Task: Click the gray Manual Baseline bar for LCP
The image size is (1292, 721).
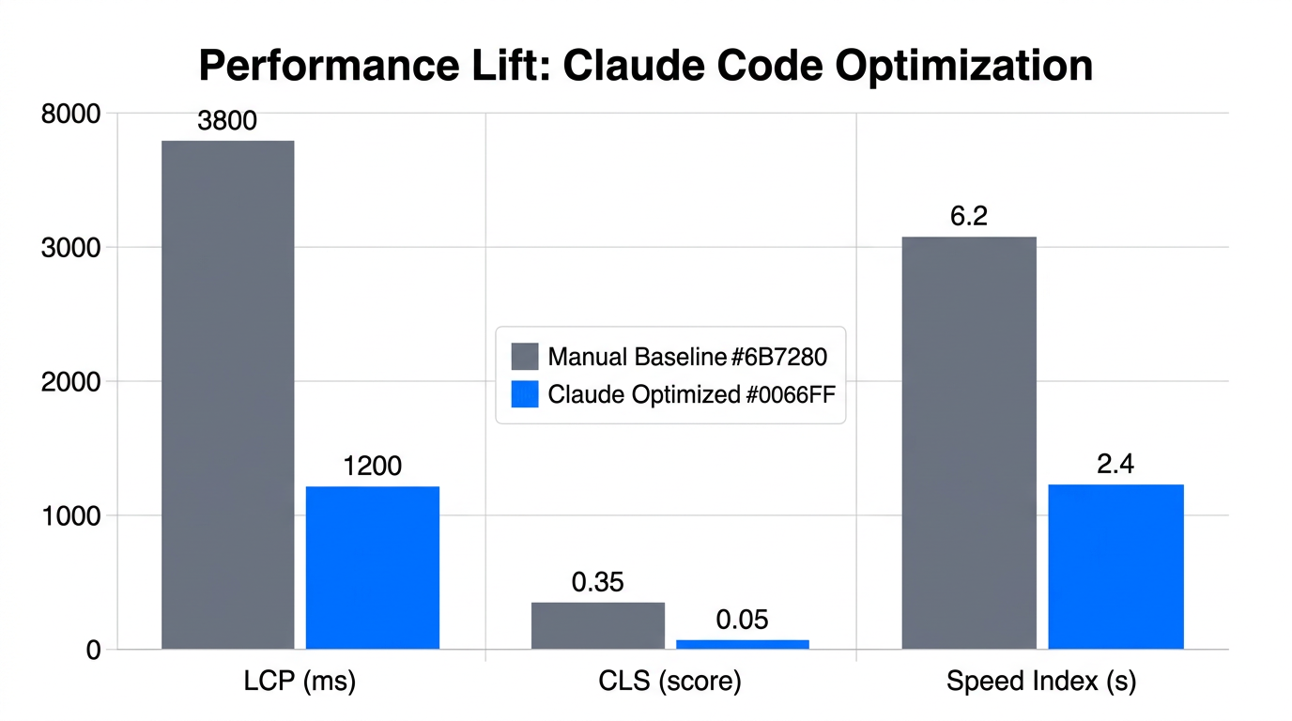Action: point(227,394)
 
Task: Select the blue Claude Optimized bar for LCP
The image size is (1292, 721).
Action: point(373,567)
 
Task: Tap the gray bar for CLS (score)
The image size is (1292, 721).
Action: point(598,625)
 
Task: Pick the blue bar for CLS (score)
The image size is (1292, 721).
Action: point(743,644)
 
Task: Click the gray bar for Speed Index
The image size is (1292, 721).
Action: point(969,442)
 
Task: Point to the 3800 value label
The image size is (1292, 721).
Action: point(227,121)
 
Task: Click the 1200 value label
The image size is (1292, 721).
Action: point(373,466)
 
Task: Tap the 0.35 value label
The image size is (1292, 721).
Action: point(598,582)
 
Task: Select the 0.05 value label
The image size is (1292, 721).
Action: point(743,620)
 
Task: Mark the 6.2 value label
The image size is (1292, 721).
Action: point(969,217)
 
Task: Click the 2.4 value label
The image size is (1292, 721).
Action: point(1115,465)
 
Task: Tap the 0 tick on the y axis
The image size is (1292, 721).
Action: point(92,650)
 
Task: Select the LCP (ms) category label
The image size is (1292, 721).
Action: point(300,682)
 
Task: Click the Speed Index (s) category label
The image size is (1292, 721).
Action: point(1041,682)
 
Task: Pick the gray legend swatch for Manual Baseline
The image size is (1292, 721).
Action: point(525,357)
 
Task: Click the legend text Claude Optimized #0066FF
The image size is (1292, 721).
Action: point(691,394)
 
